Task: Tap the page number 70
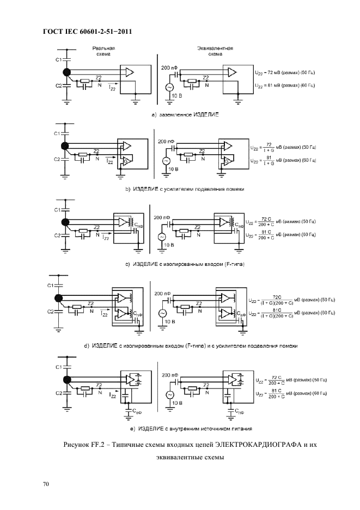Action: coord(46,483)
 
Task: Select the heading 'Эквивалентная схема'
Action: coord(215,51)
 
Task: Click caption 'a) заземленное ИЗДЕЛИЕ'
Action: coord(185,115)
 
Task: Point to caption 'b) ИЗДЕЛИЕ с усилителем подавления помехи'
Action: coord(185,189)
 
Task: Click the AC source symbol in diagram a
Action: coord(168,87)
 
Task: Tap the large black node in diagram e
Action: coord(67,379)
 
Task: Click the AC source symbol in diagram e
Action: coord(169,394)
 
